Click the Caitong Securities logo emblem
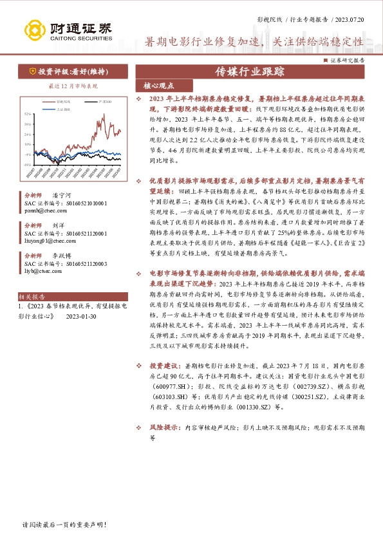click(34, 29)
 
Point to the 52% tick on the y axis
click(28, 114)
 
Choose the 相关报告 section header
click(30, 297)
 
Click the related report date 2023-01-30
click(80, 317)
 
